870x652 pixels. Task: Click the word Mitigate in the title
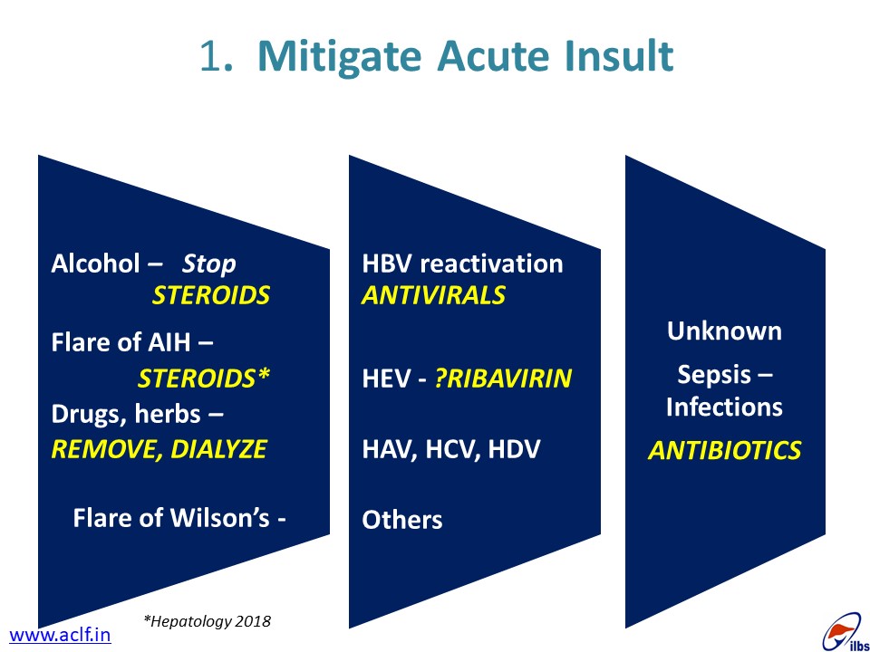pos(340,57)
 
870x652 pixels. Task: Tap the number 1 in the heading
pos(209,55)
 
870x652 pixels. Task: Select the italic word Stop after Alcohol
pos(208,264)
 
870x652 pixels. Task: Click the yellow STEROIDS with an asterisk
pos(204,379)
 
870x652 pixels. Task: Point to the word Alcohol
pos(95,264)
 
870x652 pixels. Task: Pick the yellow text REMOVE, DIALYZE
pos(159,449)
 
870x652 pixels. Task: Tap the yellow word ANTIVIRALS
pos(433,295)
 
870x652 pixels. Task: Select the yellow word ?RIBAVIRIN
pos(503,379)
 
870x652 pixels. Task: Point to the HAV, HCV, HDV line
pos(450,449)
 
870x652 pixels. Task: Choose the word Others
pos(402,520)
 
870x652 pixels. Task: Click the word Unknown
pos(724,331)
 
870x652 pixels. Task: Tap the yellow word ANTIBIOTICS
pos(725,450)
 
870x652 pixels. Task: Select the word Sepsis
pos(714,375)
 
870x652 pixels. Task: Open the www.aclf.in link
pos(60,635)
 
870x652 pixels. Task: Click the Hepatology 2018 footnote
pos(207,621)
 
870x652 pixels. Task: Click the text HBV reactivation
pos(462,264)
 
